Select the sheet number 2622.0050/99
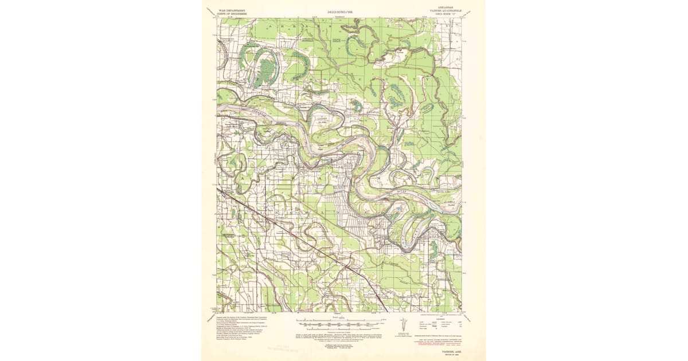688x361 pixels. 343,11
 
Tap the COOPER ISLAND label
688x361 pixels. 321,121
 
